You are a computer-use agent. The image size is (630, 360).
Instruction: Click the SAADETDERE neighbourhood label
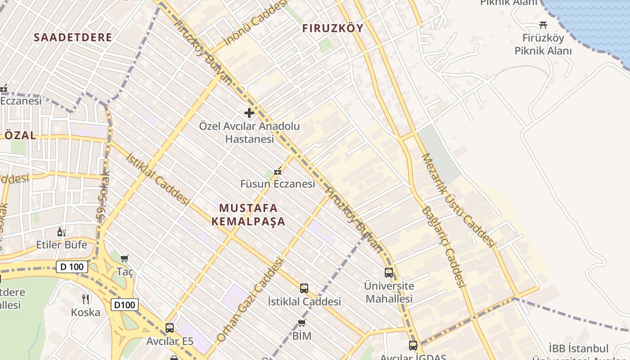(x=73, y=37)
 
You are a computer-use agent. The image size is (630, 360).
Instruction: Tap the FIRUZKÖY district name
(x=333, y=28)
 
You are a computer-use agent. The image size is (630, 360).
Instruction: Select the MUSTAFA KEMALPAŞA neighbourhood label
(x=248, y=215)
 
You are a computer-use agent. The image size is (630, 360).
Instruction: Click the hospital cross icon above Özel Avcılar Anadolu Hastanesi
(x=249, y=112)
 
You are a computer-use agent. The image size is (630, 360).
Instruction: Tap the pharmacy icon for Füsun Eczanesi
(x=278, y=171)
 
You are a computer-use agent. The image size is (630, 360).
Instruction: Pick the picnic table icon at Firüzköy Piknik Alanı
(x=543, y=25)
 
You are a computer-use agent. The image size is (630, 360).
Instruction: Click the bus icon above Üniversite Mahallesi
(x=389, y=272)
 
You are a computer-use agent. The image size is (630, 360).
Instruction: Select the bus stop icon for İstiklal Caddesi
(x=304, y=288)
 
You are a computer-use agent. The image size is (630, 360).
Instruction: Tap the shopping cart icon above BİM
(x=301, y=323)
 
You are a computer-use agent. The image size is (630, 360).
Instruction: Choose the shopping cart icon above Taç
(x=125, y=258)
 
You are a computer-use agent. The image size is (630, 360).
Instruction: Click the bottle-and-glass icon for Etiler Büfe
(x=62, y=232)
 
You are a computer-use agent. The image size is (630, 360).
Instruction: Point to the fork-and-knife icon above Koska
(x=85, y=299)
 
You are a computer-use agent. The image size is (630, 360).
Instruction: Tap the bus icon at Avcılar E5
(x=170, y=328)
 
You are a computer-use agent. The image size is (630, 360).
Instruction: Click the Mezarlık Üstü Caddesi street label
(x=459, y=200)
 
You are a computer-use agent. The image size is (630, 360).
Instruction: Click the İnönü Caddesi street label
(x=255, y=22)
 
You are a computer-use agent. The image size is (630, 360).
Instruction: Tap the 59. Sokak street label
(x=104, y=196)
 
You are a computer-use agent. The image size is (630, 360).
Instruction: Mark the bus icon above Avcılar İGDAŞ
(x=413, y=345)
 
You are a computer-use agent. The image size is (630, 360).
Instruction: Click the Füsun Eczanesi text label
(x=278, y=184)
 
